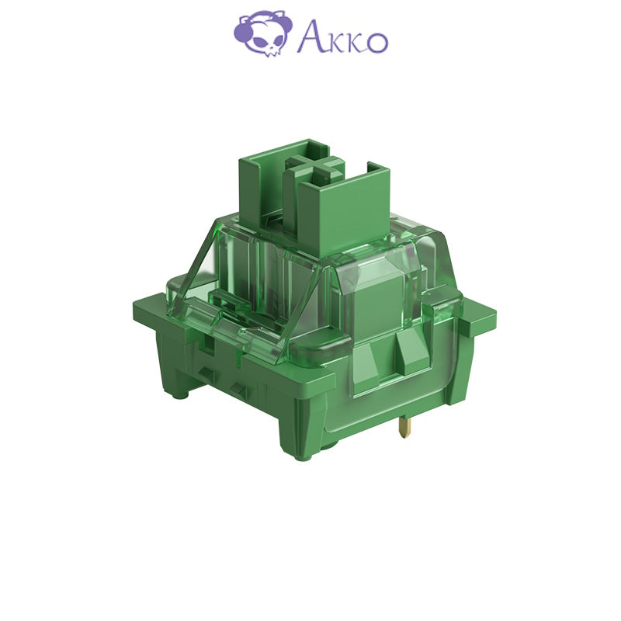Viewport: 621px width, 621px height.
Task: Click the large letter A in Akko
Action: (310, 36)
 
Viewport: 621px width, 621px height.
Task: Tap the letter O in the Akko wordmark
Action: (376, 42)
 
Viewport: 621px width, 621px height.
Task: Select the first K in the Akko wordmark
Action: (334, 42)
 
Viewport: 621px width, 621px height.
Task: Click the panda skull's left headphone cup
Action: (241, 33)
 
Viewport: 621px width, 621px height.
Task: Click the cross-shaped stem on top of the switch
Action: (315, 167)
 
